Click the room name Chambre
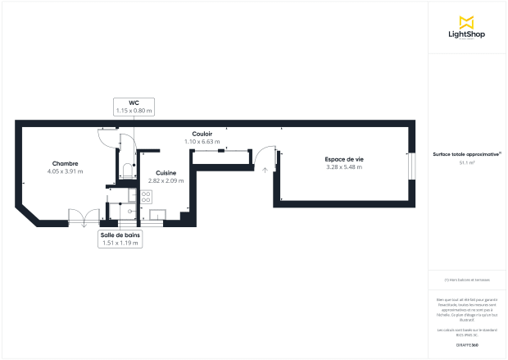pos(65,163)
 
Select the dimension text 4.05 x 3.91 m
pos(65,171)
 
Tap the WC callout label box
pos(134,107)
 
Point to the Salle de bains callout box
pos(120,239)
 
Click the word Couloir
pos(202,134)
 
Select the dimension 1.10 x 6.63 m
pos(202,142)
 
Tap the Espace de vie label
pos(343,159)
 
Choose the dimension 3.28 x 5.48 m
pos(343,167)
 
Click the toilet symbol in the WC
pos(125,171)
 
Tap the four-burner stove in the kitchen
pos(146,197)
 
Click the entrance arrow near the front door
pos(265,169)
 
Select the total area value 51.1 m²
pos(467,163)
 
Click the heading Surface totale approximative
pos(467,154)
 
